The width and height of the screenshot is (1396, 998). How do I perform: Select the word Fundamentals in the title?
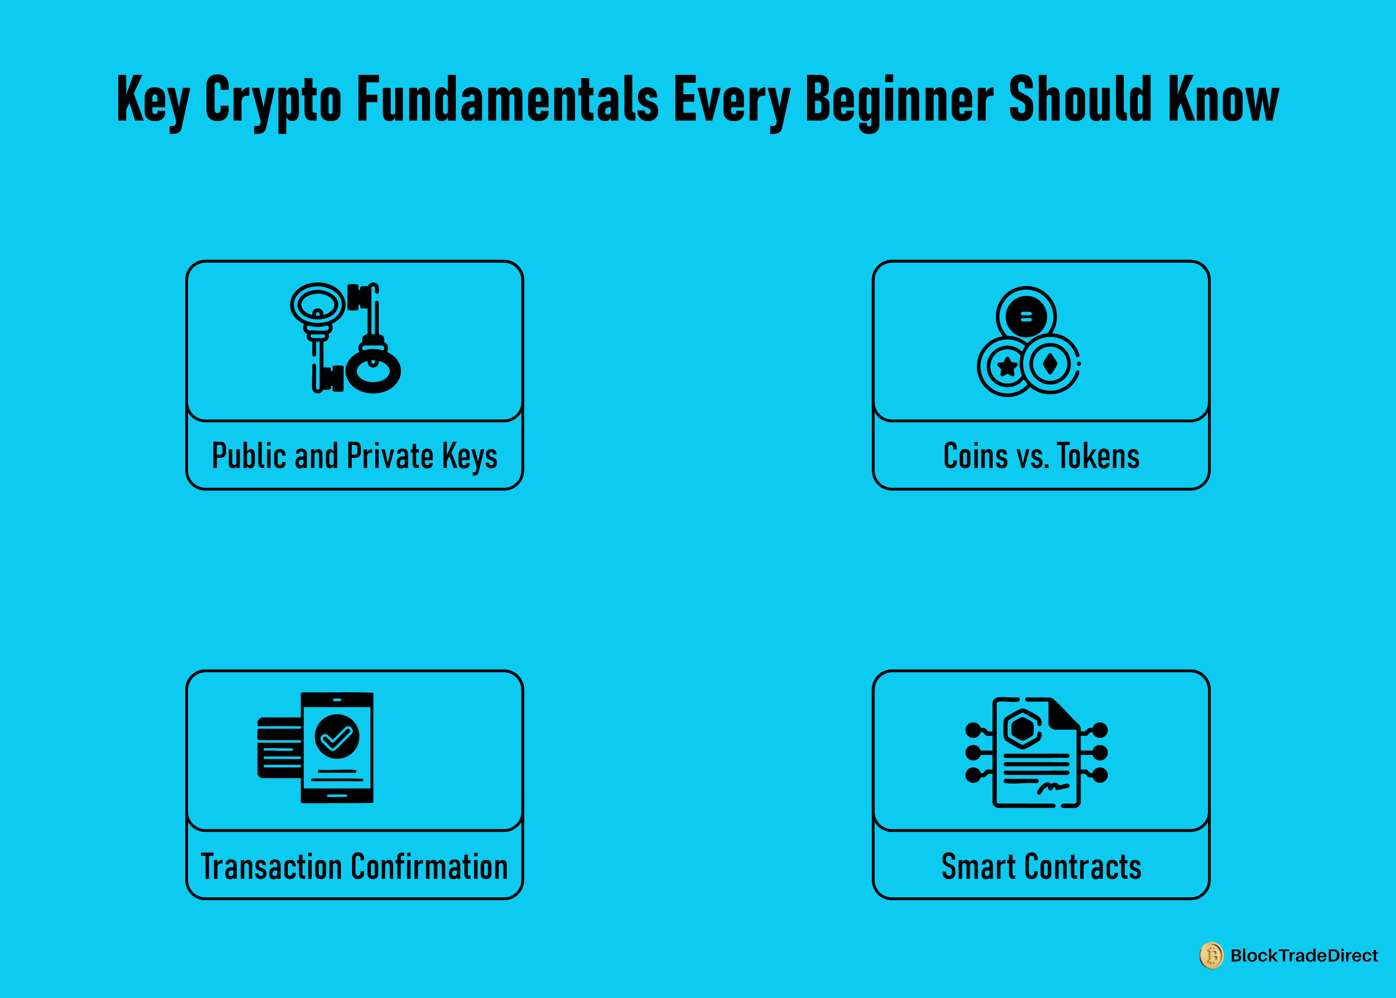point(508,98)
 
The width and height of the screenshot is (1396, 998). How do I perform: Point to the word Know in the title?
point(1223,98)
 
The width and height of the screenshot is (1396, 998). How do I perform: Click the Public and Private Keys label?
point(354,456)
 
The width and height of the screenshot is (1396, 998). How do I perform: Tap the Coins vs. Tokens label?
point(1042,456)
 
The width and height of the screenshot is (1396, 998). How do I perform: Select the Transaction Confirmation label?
point(354,866)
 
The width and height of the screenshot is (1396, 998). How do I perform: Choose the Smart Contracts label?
point(1042,866)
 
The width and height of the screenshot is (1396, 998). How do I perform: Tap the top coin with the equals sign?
point(1026,316)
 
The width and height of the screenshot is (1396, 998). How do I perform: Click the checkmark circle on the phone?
point(337,736)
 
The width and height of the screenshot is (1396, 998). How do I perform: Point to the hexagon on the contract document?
point(1022,728)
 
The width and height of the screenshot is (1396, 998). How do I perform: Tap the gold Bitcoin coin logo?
point(1212,955)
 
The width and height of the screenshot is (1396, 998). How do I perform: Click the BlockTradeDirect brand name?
point(1304,955)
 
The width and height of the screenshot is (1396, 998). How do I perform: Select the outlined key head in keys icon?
point(318,304)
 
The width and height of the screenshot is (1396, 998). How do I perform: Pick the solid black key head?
point(373,371)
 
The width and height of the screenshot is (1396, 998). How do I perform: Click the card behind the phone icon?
point(279,747)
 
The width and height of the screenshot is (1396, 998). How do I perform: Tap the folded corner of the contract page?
point(1063,713)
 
